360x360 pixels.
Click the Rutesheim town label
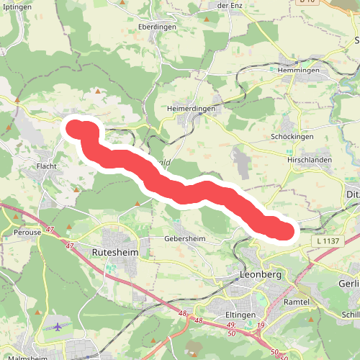(x=115, y=253)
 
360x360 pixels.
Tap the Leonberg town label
(x=264, y=276)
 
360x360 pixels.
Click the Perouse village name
(x=28, y=233)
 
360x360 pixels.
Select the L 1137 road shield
(x=328, y=240)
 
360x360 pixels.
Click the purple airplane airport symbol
(x=58, y=326)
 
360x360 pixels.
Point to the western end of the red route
(x=75, y=128)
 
